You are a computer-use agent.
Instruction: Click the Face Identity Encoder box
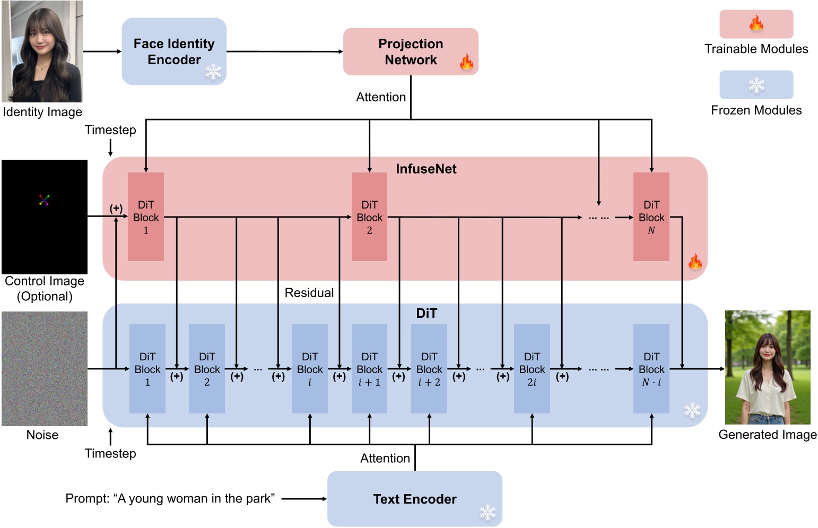pyautogui.click(x=174, y=51)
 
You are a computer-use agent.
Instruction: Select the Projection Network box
pyautogui.click(x=411, y=51)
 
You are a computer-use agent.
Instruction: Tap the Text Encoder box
pyautogui.click(x=414, y=499)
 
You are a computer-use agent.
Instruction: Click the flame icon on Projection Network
pyautogui.click(x=466, y=62)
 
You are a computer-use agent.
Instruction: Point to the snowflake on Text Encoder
pyautogui.click(x=488, y=512)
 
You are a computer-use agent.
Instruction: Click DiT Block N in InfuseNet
pyautogui.click(x=651, y=217)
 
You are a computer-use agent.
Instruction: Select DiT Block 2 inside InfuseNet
pyautogui.click(x=369, y=217)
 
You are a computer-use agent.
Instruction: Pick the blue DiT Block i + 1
pyautogui.click(x=369, y=369)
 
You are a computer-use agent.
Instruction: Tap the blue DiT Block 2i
pyautogui.click(x=532, y=369)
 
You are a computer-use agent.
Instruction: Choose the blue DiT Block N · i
pyautogui.click(x=651, y=369)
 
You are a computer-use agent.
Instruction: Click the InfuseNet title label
pyautogui.click(x=426, y=169)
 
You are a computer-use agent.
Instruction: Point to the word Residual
pyautogui.click(x=309, y=293)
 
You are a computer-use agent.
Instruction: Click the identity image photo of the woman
pyautogui.click(x=42, y=51)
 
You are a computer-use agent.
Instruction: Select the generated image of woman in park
pyautogui.click(x=768, y=367)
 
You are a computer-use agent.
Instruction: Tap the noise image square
pyautogui.click(x=45, y=369)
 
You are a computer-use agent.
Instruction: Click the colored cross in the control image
pyautogui.click(x=44, y=200)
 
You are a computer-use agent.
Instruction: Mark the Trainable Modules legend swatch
pyautogui.click(x=756, y=24)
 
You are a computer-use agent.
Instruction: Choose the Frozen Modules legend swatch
pyautogui.click(x=756, y=85)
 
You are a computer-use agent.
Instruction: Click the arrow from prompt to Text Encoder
pyautogui.click(x=304, y=499)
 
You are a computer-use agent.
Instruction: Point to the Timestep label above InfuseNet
pyautogui.click(x=110, y=130)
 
